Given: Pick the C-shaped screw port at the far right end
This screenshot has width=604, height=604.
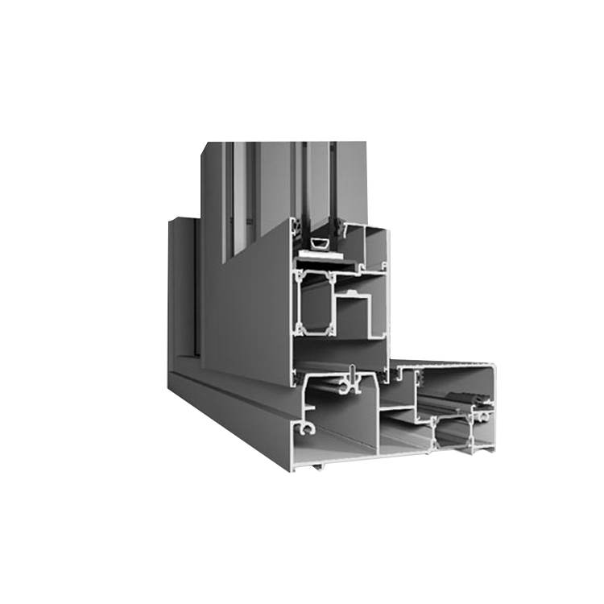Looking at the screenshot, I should click(x=483, y=417).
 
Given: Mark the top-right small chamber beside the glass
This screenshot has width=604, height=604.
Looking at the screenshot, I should click(x=375, y=250).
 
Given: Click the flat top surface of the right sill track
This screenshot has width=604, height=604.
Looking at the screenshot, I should click(x=451, y=367).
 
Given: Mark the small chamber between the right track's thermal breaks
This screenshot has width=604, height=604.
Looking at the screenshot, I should click(x=453, y=436).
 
